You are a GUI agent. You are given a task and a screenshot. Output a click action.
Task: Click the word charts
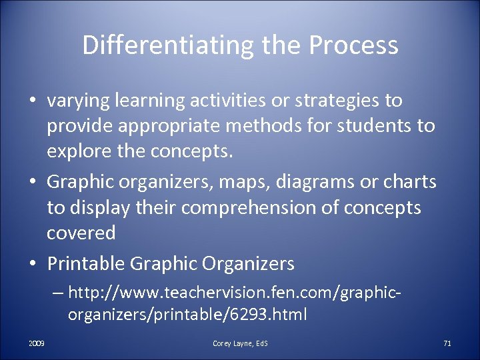(413, 183)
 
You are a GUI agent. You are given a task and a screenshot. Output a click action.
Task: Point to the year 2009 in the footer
(37, 343)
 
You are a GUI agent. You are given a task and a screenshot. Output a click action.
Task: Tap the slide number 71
(447, 343)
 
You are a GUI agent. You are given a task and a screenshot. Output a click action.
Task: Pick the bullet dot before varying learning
(33, 101)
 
